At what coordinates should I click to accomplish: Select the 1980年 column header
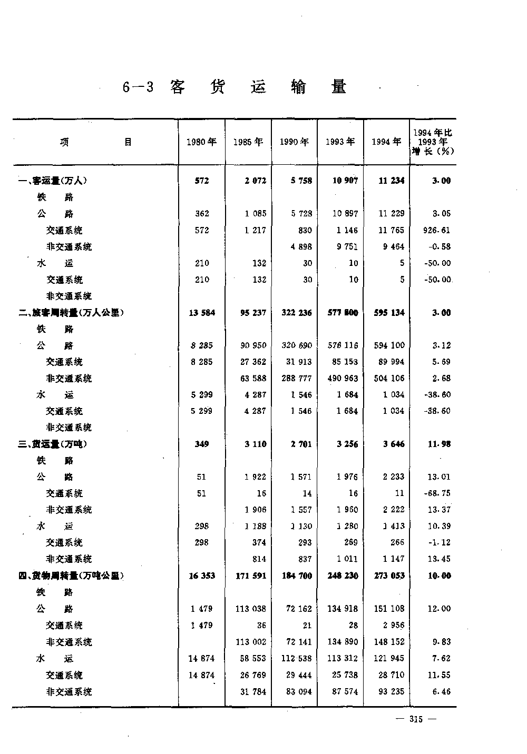[201, 142]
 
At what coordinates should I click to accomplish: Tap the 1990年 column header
[294, 142]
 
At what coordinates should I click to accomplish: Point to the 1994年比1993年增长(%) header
[433, 142]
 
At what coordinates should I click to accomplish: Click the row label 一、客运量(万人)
[52, 181]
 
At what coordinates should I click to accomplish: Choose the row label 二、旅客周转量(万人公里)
[71, 313]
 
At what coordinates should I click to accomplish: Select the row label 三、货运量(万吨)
[52, 444]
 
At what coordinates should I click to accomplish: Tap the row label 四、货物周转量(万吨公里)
[71, 576]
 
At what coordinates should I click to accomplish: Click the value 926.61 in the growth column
[437, 230]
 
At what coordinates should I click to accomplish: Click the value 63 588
[252, 378]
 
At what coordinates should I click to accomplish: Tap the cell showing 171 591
[250, 576]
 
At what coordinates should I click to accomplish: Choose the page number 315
[416, 720]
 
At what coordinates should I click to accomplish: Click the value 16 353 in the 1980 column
[202, 576]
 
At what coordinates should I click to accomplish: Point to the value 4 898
[301, 246]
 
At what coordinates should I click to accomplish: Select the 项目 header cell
[95, 142]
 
